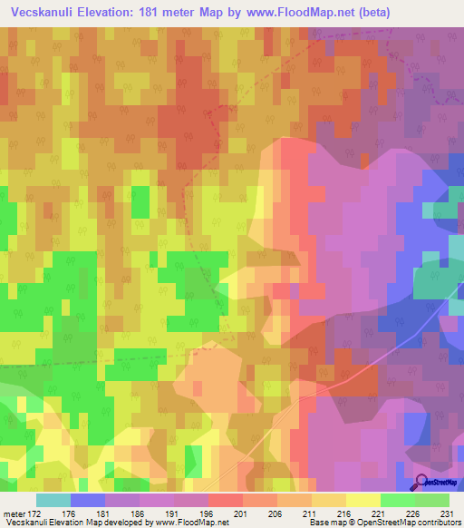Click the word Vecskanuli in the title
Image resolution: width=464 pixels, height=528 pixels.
pos(43,13)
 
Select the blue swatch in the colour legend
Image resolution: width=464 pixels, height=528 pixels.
pos(87,500)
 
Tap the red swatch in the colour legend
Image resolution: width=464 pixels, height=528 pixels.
pos(225,500)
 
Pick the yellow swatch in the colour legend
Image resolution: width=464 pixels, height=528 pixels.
pos(362,500)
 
